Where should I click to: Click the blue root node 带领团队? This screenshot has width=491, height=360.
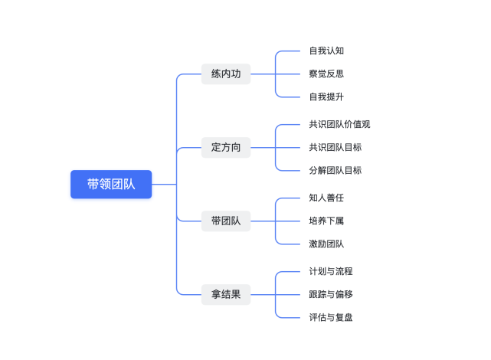(111, 185)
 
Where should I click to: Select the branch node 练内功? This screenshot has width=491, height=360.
(226, 74)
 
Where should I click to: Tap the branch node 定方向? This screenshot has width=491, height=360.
(226, 147)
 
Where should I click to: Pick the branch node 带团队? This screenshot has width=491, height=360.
(226, 221)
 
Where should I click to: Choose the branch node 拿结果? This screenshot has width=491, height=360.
(226, 294)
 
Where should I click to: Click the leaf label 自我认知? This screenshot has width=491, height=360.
(326, 51)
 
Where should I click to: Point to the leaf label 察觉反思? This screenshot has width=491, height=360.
(326, 74)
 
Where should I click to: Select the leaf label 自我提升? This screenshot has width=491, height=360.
(326, 97)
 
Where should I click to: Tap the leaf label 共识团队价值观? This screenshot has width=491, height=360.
(339, 125)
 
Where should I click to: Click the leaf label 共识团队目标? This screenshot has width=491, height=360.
(335, 147)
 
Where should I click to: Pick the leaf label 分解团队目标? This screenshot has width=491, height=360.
(335, 170)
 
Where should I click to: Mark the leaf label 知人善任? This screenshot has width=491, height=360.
(326, 198)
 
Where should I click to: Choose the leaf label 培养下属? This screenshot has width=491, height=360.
(326, 221)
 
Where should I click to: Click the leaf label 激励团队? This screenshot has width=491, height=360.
(326, 244)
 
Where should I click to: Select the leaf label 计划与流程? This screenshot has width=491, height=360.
(331, 272)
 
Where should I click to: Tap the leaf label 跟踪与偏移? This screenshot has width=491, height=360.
(331, 294)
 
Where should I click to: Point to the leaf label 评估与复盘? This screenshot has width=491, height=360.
(331, 317)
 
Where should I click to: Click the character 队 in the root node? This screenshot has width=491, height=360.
(129, 185)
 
